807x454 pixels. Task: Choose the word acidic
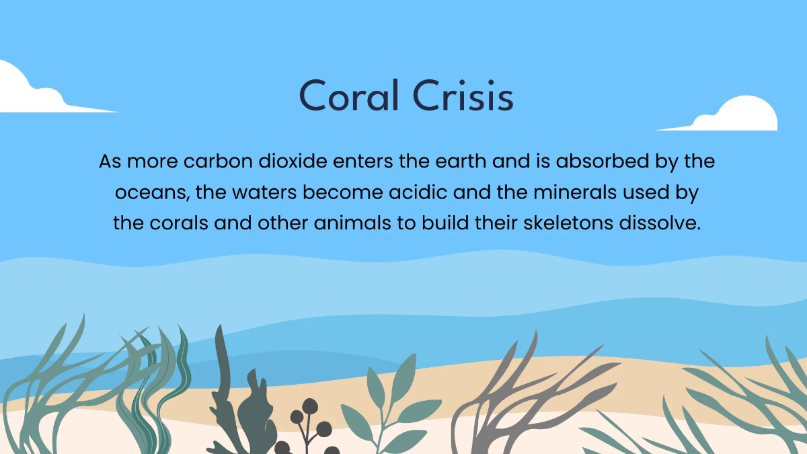[x=445, y=193]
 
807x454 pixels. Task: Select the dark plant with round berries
[x=311, y=424]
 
